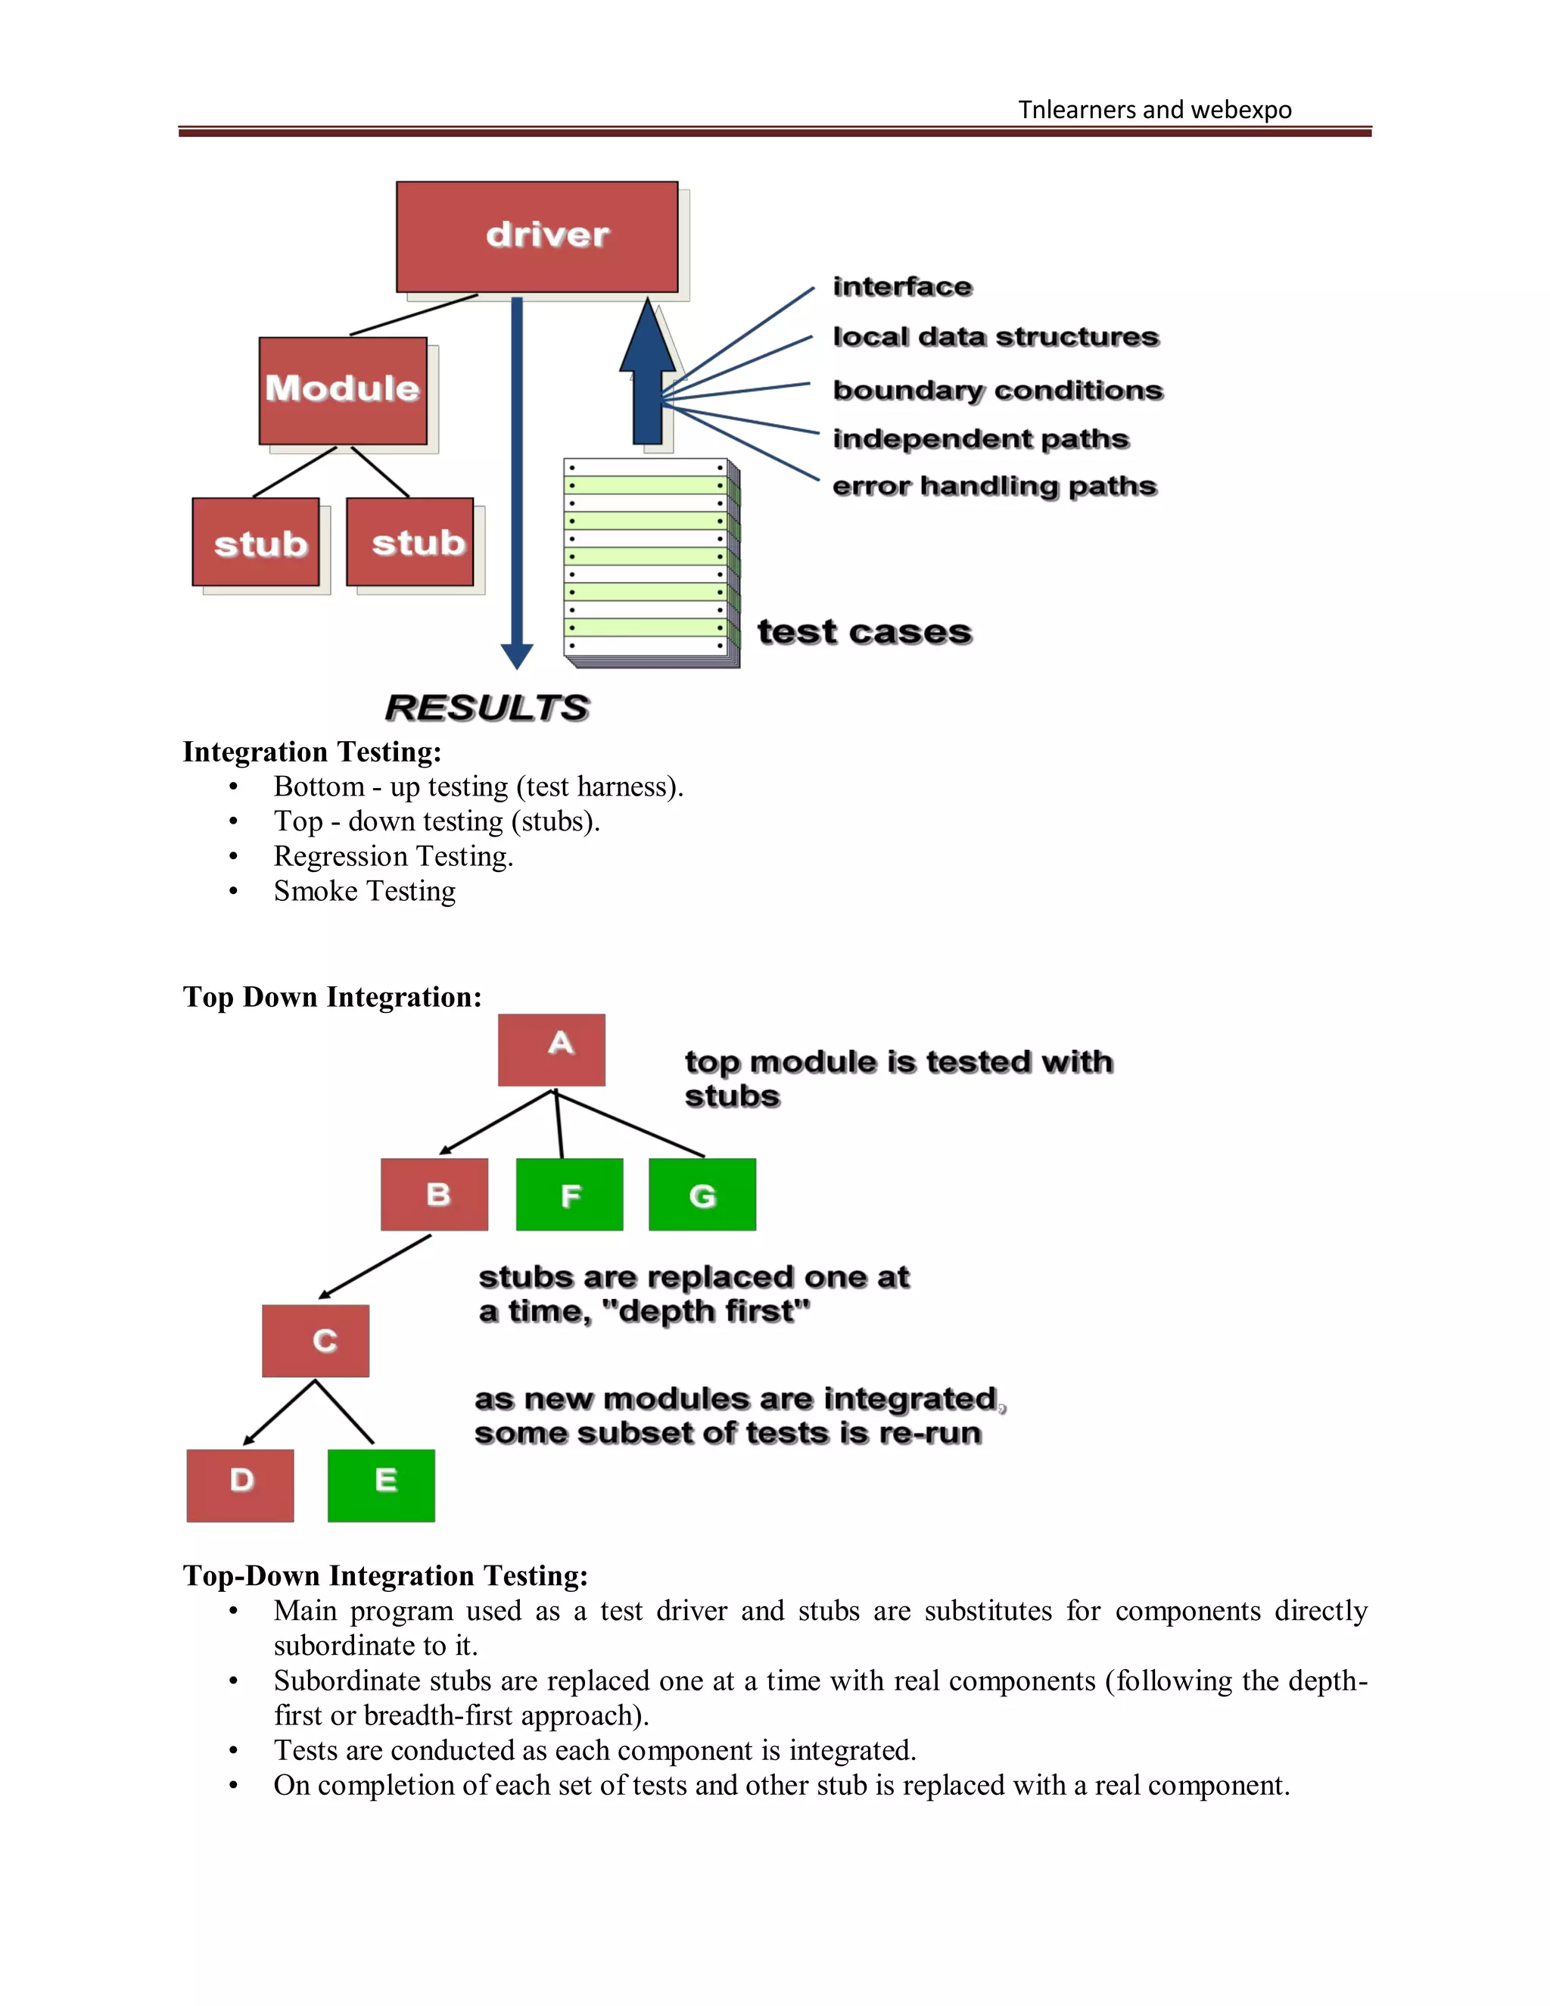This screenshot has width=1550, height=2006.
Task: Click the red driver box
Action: [x=537, y=236]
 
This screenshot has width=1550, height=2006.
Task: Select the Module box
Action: [x=343, y=391]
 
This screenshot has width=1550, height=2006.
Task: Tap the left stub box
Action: [x=255, y=542]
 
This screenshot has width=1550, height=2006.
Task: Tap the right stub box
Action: [x=409, y=542]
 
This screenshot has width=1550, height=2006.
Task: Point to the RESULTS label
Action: [x=487, y=707]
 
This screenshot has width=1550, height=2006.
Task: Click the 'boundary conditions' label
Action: [x=998, y=391]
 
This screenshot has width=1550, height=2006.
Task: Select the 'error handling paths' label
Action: [x=994, y=486]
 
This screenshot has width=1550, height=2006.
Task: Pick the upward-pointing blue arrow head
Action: [x=649, y=338]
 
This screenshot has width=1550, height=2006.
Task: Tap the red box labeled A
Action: [x=551, y=1049]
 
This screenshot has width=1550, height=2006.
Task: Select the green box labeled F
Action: [x=569, y=1194]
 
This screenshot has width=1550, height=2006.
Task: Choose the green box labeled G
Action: [x=702, y=1194]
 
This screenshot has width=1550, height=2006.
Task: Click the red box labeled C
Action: [x=315, y=1340]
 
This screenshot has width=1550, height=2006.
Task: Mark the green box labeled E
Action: [x=381, y=1485]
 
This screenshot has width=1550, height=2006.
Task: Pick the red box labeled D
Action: [x=240, y=1485]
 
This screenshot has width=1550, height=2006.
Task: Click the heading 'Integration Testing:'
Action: [x=313, y=752]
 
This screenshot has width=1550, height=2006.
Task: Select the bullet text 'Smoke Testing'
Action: [x=365, y=891]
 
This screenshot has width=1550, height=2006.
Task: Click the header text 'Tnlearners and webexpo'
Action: [x=1154, y=109]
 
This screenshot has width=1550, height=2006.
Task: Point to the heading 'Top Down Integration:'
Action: [x=332, y=997]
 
